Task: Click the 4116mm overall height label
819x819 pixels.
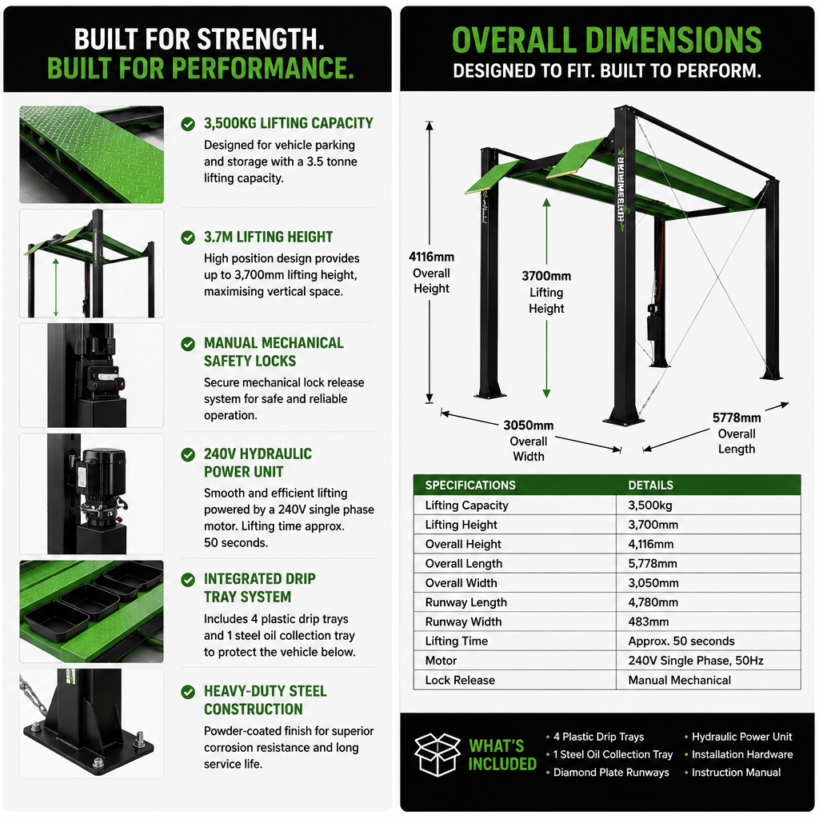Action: pos(431,272)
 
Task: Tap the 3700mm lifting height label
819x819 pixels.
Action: pos(546,292)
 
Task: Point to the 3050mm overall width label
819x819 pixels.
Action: pos(528,441)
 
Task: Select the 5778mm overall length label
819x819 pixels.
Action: pos(737,433)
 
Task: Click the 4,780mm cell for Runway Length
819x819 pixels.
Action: pos(653,602)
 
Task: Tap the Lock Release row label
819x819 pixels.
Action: pos(460,680)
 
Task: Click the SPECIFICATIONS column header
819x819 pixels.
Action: pos(470,485)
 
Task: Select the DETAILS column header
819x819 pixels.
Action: pos(650,485)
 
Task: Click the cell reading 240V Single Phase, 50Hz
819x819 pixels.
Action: pos(696,661)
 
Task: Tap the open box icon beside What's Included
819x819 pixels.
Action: pos(437,754)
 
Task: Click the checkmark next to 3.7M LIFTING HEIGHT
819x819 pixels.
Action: pos(188,238)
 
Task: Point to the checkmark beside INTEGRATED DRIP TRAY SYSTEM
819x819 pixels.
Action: pos(188,580)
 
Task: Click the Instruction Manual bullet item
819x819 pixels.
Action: pos(736,772)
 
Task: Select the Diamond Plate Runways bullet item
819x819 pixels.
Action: pos(611,772)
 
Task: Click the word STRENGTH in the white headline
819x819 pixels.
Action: pos(261,39)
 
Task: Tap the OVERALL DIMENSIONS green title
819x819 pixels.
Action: pos(606,40)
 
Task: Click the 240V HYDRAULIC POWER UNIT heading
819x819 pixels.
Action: pos(258,463)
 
